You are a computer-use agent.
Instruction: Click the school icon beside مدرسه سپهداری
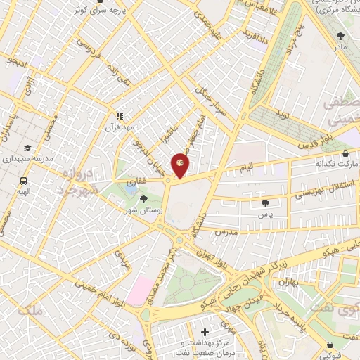point(27,148)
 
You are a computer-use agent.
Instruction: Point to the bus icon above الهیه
point(23,181)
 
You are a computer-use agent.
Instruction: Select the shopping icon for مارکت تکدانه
point(345,153)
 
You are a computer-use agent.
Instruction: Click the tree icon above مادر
point(341,35)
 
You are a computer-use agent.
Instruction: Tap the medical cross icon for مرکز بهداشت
point(205,331)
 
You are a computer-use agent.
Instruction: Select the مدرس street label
point(227,231)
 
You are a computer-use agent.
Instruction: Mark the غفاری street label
point(133,181)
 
